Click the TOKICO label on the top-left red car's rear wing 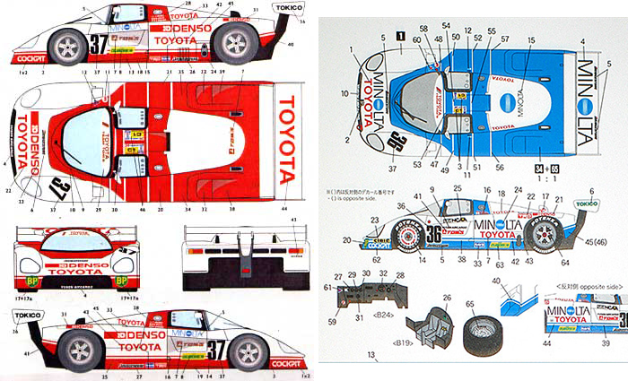[289, 7]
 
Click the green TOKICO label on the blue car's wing [586, 203]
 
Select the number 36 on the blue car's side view [432, 234]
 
